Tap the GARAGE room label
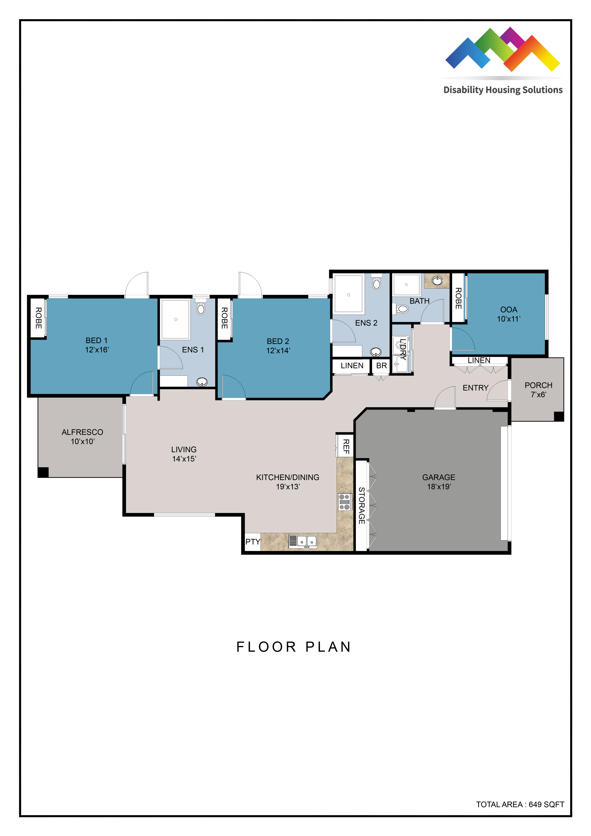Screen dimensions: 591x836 [x=438, y=477]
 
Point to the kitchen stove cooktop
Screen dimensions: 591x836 [x=344, y=502]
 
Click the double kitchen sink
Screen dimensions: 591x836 [x=303, y=541]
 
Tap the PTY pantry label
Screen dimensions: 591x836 [x=253, y=542]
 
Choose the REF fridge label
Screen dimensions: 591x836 [x=346, y=446]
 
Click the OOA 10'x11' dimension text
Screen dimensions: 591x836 [x=509, y=319]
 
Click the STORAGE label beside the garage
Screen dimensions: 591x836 [x=361, y=506]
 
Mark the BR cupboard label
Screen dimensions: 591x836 [x=381, y=366]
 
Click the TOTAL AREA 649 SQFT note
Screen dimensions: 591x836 [x=520, y=804]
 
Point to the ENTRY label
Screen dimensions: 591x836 [x=475, y=388]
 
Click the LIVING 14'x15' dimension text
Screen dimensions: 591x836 [x=184, y=459]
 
